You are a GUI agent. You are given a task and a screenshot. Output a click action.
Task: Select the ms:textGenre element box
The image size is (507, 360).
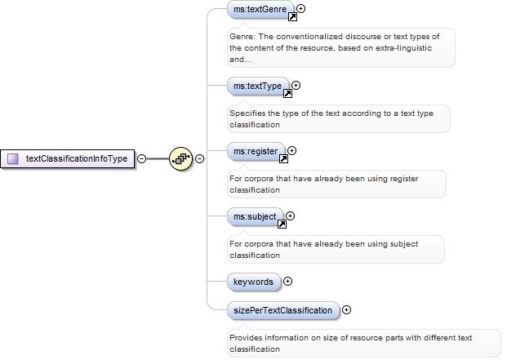pyautogui.click(x=260, y=10)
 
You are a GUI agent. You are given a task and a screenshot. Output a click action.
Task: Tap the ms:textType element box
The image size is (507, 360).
pyautogui.click(x=257, y=85)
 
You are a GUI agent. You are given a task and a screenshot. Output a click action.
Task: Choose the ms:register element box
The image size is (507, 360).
pyautogui.click(x=256, y=150)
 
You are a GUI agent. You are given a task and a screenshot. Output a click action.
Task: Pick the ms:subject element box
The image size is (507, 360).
pyautogui.click(x=255, y=216)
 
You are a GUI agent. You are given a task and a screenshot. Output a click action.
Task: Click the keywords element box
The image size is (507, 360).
pyautogui.click(x=253, y=282)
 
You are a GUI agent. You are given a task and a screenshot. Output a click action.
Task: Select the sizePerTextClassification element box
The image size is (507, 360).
pyautogui.click(x=282, y=310)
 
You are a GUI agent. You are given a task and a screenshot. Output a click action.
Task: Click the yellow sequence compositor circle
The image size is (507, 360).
pyautogui.click(x=180, y=158)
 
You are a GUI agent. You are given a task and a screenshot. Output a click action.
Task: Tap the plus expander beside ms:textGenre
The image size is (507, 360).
pyautogui.click(x=301, y=9)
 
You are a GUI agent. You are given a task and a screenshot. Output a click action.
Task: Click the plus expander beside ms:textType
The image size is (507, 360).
pyautogui.click(x=296, y=85)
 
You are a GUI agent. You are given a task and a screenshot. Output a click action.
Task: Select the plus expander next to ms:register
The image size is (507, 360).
pyautogui.click(x=292, y=150)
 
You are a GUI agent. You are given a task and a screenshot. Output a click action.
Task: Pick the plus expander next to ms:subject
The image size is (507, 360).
pyautogui.click(x=291, y=216)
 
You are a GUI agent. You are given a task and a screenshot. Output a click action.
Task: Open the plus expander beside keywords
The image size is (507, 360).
pyautogui.click(x=287, y=282)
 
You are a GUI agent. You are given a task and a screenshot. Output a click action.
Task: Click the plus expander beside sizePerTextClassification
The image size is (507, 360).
pyautogui.click(x=347, y=310)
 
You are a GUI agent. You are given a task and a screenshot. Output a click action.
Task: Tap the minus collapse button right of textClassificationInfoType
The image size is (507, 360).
pyautogui.click(x=141, y=158)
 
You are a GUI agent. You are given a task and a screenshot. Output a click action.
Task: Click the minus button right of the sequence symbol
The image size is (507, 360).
pyautogui.click(x=199, y=158)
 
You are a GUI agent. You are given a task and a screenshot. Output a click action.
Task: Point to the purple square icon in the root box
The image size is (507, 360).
pyautogui.click(x=12, y=158)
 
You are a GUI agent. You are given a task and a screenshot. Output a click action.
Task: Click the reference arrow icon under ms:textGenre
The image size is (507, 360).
pyautogui.click(x=292, y=16)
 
